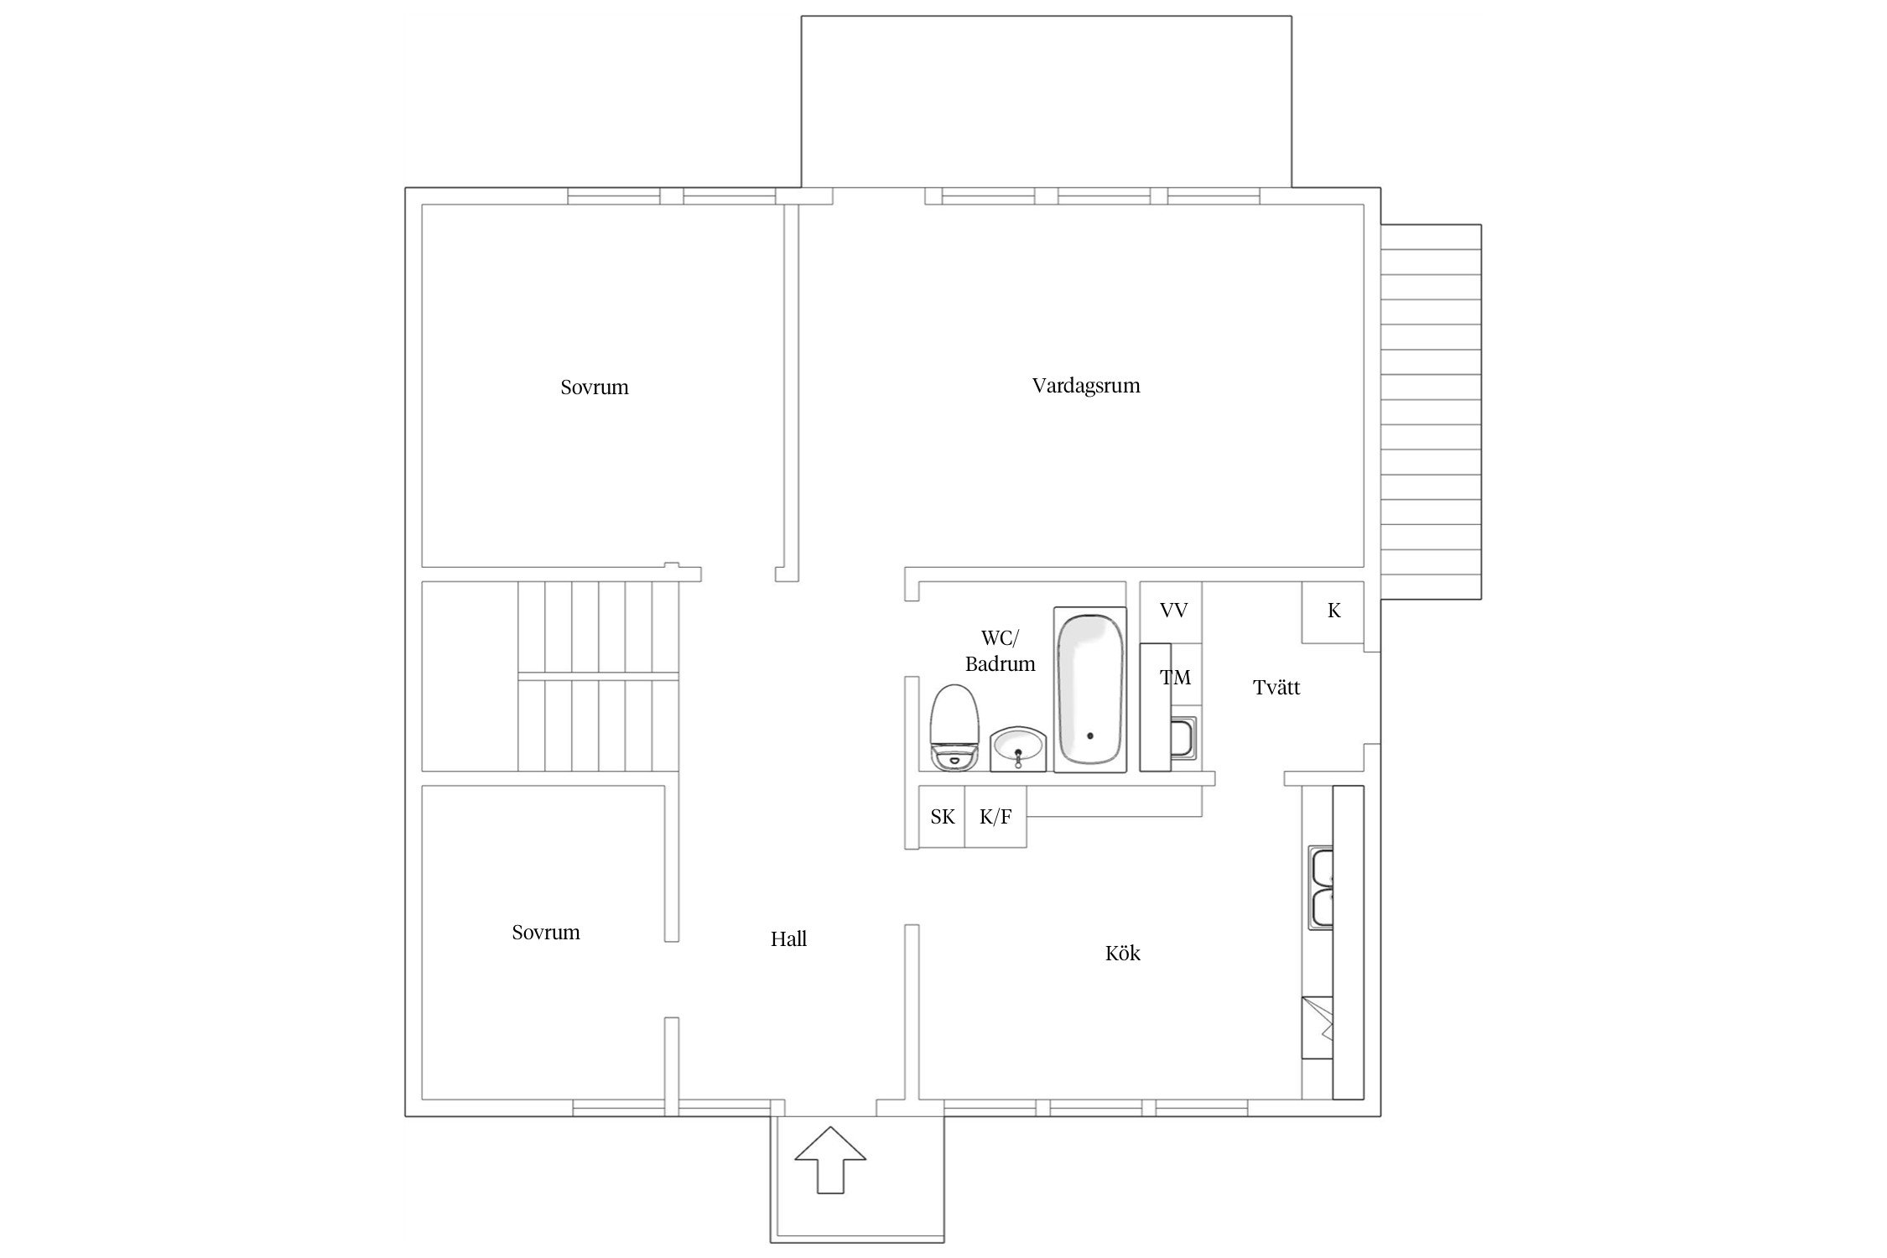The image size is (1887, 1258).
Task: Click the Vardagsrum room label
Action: click(x=1086, y=386)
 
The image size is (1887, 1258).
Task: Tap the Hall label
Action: click(x=788, y=938)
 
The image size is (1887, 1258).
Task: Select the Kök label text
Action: click(x=1123, y=953)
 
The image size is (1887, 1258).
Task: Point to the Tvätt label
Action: click(x=1276, y=687)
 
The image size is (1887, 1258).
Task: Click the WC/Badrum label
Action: click(x=1000, y=651)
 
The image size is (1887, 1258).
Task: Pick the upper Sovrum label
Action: click(x=595, y=387)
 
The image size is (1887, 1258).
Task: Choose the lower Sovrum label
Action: click(x=546, y=932)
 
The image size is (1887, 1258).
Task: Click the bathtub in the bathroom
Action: click(x=1089, y=689)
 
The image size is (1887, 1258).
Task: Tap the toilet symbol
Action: click(x=955, y=728)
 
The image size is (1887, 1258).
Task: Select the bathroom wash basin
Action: click(x=1018, y=748)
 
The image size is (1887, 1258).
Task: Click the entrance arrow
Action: click(x=830, y=1160)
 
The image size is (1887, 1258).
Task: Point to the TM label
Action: click(x=1176, y=678)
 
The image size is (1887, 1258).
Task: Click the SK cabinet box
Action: click(x=942, y=817)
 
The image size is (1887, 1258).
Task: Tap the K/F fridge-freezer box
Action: click(x=995, y=817)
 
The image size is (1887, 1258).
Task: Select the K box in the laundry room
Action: click(x=1333, y=612)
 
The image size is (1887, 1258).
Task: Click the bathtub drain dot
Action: click(x=1090, y=736)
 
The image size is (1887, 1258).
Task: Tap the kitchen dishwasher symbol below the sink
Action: click(x=1318, y=1028)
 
